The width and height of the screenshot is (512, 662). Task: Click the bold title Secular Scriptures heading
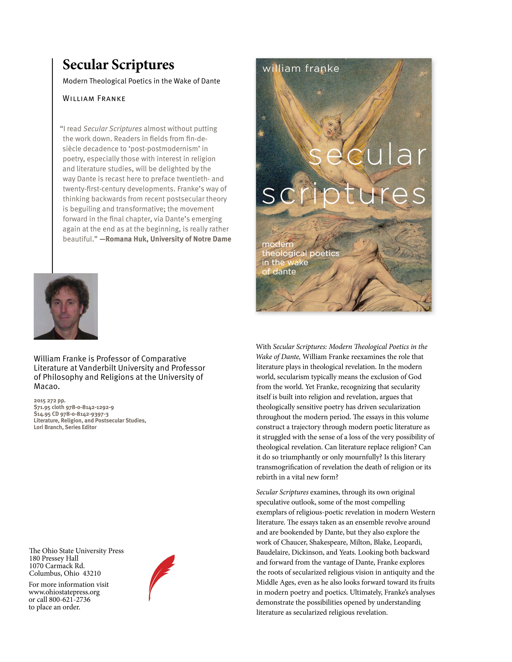(118, 65)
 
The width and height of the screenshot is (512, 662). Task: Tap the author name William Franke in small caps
(94, 98)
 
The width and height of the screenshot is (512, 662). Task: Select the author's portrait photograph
(66, 306)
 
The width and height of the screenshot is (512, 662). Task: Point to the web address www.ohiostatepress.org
(64, 592)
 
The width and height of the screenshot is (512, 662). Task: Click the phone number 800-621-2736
(70, 600)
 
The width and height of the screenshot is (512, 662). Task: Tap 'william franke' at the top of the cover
(301, 69)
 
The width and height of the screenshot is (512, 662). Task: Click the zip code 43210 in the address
(92, 573)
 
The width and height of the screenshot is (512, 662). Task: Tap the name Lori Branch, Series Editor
(65, 427)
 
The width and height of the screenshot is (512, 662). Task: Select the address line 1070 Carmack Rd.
(57, 566)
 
